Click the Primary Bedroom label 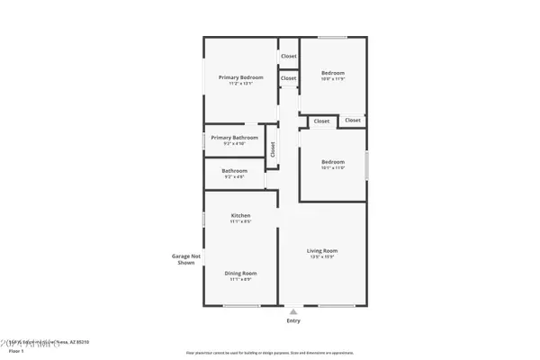tap(240, 77)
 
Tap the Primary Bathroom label tap(235, 138)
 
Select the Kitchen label tap(240, 215)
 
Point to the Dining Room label tap(240, 273)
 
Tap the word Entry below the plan tap(293, 320)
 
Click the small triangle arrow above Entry tap(293, 311)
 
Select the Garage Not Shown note tap(184, 259)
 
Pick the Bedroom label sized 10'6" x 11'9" tap(333, 73)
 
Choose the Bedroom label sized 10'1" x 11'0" tap(333, 162)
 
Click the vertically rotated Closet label tap(273, 149)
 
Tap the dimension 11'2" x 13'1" tap(240, 84)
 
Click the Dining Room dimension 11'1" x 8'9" tap(240, 279)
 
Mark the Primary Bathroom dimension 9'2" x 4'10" tap(235, 144)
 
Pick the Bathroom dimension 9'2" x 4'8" tap(235, 176)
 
